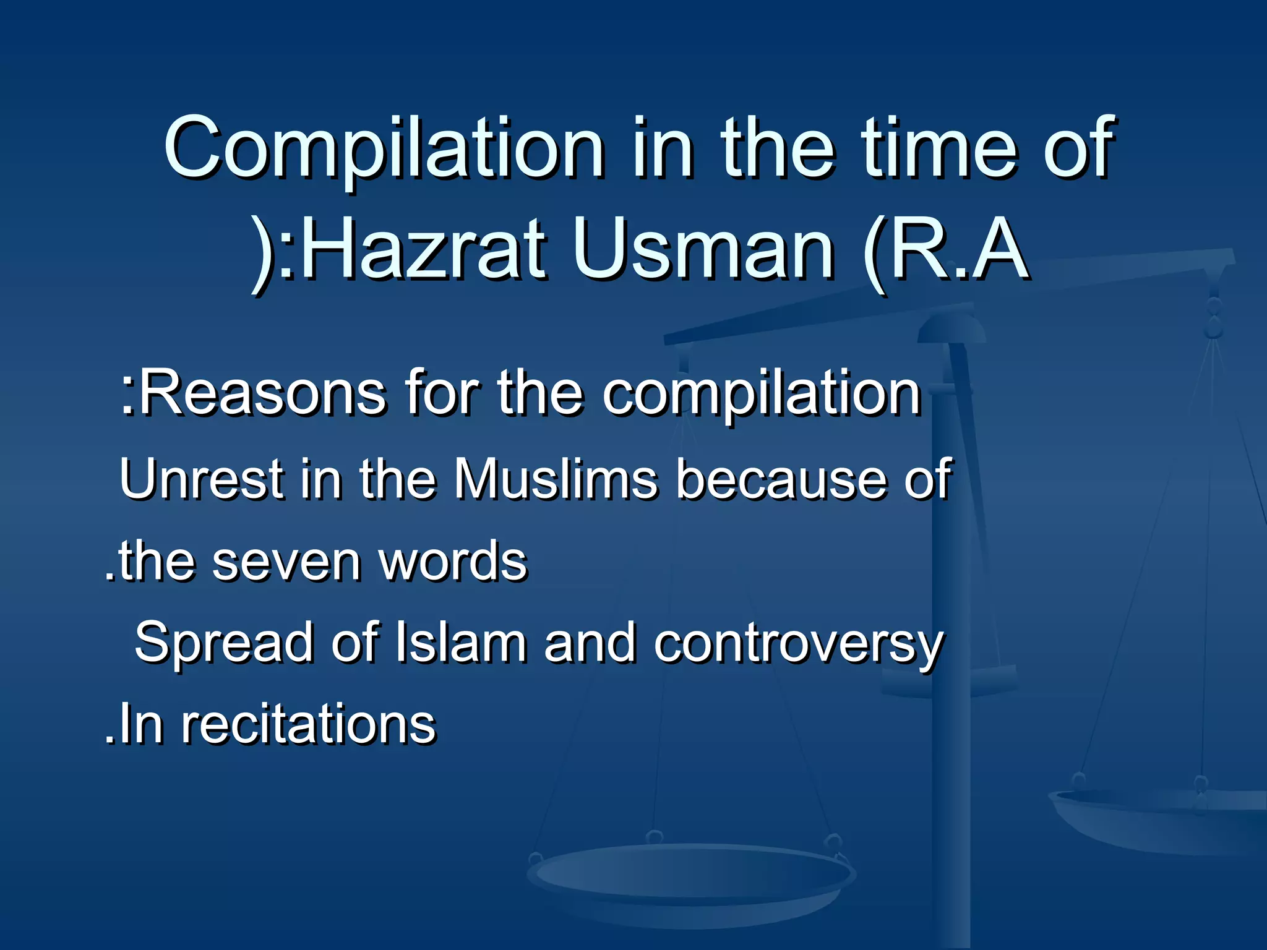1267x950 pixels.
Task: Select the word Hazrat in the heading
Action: (424, 250)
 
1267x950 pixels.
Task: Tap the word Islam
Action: (460, 643)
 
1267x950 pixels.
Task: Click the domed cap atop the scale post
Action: (951, 328)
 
